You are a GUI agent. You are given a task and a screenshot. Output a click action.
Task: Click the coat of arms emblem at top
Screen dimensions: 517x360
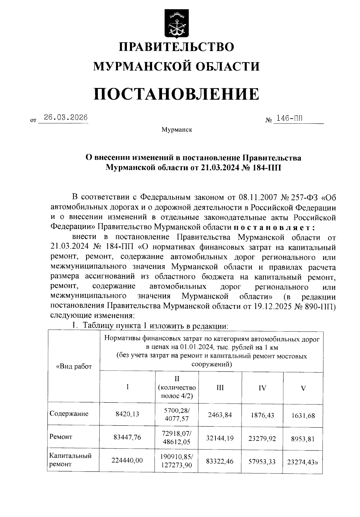tap(176, 24)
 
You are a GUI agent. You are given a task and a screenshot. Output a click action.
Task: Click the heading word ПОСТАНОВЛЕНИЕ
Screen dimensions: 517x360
tap(176, 94)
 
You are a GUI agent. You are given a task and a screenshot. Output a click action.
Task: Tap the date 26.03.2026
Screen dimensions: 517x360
tap(66, 117)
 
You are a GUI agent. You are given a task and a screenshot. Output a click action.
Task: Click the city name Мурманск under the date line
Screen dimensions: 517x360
tap(177, 130)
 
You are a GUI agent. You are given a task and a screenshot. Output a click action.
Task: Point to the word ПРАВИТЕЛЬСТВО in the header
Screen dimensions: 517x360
tap(176, 47)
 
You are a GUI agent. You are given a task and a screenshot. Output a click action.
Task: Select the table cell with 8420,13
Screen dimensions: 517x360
tap(127, 414)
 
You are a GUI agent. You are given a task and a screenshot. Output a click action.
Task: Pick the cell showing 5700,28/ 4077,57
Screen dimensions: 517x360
tap(177, 414)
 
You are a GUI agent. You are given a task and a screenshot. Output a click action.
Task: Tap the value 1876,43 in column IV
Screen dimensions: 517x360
tap(262, 415)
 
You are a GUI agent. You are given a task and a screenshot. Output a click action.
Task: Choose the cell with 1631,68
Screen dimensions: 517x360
tap(303, 416)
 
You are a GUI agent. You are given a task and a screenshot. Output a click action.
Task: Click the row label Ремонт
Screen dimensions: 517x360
tap(61, 437)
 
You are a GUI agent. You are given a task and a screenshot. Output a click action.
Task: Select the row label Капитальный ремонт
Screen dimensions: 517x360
tap(70, 460)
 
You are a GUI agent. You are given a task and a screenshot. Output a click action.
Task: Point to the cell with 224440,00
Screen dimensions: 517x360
tap(127, 460)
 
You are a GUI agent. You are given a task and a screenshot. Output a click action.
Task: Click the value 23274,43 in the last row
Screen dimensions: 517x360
tap(302, 462)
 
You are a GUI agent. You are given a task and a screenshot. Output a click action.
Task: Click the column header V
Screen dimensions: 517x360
tap(303, 388)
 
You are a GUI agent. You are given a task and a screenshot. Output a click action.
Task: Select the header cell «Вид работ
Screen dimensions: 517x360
tap(74, 366)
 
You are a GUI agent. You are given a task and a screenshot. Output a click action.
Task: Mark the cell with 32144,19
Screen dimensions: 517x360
tap(220, 438)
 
